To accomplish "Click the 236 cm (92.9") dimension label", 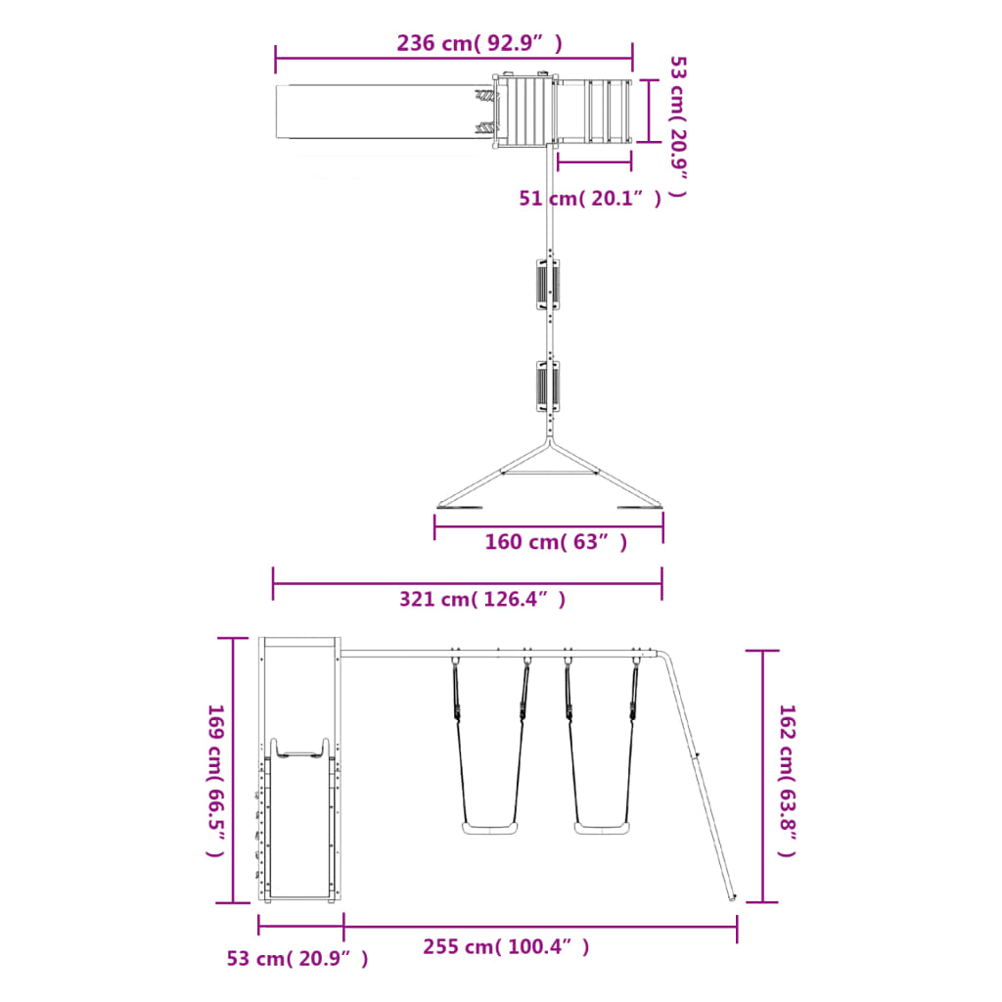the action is click(479, 43).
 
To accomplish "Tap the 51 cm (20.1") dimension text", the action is click(590, 198).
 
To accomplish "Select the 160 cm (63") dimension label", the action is click(556, 542).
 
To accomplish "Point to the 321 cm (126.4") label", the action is click(482, 600).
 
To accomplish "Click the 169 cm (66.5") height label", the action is click(216, 781).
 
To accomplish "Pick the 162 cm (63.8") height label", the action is click(788, 781).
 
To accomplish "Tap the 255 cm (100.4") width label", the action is click(506, 946).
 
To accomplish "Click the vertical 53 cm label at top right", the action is click(678, 126).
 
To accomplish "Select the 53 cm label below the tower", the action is click(297, 959).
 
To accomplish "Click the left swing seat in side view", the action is click(490, 828).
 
